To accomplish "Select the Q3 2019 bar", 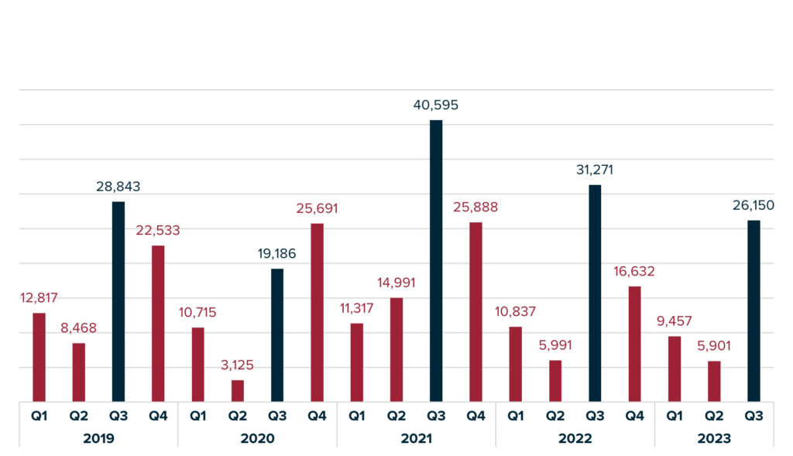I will point(118,301).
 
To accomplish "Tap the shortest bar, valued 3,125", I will point(238,391).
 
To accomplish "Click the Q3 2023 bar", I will point(754,310).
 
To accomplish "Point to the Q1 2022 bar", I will point(516,364).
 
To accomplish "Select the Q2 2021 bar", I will point(396,349).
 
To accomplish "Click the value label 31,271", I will point(595,170).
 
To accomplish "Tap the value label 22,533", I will point(158,231).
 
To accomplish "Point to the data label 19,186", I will point(277,253).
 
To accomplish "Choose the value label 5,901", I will point(714,346).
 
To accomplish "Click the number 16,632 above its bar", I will point(634,271).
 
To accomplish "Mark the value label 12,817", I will point(39,298).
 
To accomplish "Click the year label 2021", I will point(416,438).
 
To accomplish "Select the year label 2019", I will point(98,438).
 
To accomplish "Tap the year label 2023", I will point(714,438).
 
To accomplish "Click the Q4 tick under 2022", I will point(634,416).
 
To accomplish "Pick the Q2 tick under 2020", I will point(238,416).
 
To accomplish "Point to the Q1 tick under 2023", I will point(675,416).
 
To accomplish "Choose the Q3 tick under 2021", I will point(436,416).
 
